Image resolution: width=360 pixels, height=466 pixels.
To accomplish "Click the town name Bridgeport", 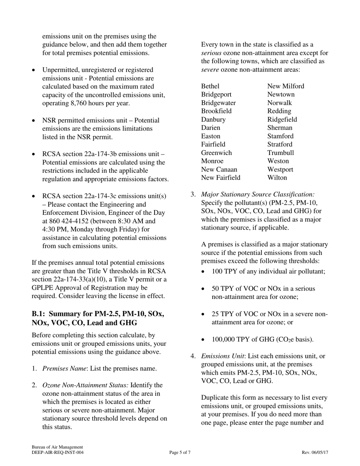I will (216, 94).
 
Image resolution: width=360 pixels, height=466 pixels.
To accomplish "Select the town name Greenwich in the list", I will (216, 153).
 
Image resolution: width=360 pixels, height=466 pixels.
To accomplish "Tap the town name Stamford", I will (280, 136).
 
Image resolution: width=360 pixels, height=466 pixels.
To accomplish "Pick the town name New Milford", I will (285, 86).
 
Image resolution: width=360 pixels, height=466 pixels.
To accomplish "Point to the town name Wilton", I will (277, 178).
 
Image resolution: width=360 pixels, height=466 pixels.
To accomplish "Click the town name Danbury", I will (213, 119).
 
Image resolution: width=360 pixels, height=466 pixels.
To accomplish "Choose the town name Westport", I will (280, 169).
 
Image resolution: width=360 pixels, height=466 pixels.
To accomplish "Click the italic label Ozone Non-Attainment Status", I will (86, 385).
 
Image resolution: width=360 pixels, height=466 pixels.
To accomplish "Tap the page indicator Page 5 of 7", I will (180, 452).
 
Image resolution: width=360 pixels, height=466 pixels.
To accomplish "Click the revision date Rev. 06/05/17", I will (315, 452).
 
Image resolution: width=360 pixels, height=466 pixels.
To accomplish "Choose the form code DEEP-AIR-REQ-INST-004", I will (58, 452).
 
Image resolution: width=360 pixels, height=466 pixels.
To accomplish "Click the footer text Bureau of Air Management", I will (57, 447).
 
